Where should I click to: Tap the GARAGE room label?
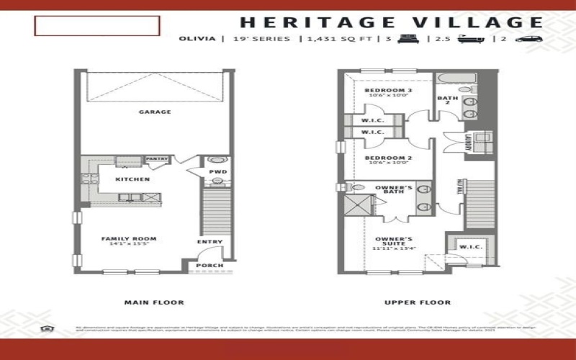pyautogui.click(x=155, y=112)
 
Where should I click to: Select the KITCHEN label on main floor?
pyautogui.click(x=132, y=179)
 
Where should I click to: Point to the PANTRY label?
pyautogui.click(x=156, y=159)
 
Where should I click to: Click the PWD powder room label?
pyautogui.click(x=217, y=173)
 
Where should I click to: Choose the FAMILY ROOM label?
pyautogui.click(x=128, y=240)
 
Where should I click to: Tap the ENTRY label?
pyautogui.click(x=210, y=242)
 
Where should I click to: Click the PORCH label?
pyautogui.click(x=210, y=266)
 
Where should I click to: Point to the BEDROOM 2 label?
pyautogui.click(x=382, y=158)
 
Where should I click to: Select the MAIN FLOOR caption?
pyautogui.click(x=154, y=302)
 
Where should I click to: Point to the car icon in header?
pyautogui.click(x=528, y=39)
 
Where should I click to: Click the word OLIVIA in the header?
pyautogui.click(x=197, y=39)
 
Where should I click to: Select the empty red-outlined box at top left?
pyautogui.click(x=96, y=26)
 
